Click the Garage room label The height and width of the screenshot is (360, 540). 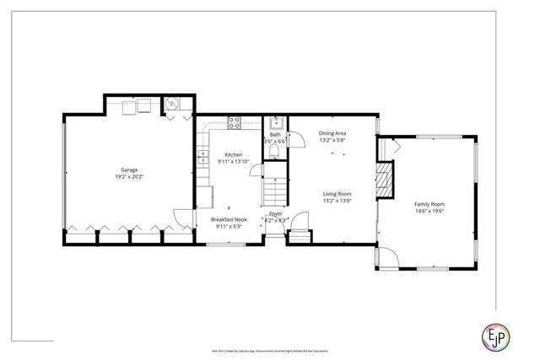click(128, 169)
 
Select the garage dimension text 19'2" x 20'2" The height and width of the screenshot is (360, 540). click(128, 177)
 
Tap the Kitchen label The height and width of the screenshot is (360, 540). click(233, 154)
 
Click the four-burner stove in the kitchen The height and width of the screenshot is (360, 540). click(234, 121)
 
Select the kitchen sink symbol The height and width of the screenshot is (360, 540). click(203, 156)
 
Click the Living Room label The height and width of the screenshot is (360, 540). click(336, 194)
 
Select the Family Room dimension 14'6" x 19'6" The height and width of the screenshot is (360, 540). click(429, 212)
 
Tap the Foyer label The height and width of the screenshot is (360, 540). click(275, 214)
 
